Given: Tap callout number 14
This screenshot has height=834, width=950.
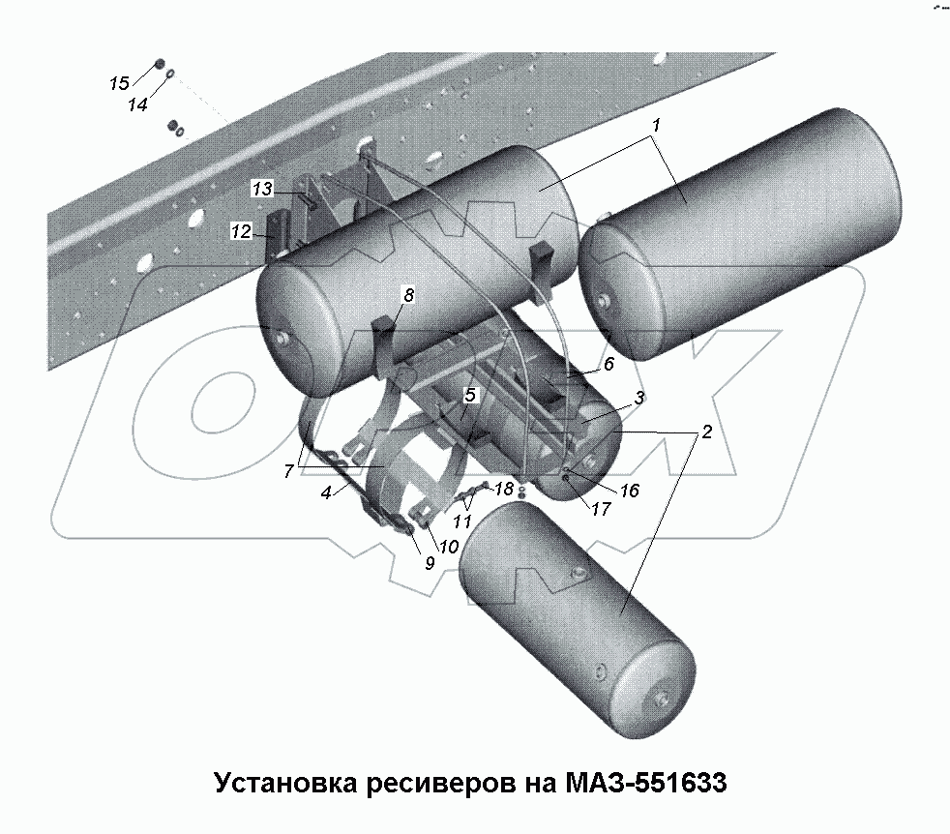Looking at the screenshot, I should [138, 104].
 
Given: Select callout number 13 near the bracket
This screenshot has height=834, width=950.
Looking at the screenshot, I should [263, 190].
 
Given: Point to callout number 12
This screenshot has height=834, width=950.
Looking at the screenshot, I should [240, 230].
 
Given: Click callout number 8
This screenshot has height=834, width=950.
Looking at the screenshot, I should [407, 295].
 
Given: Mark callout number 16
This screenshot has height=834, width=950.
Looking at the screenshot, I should [629, 491].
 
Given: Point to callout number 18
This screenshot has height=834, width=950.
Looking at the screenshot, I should [504, 490].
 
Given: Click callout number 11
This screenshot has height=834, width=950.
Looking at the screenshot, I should [461, 521].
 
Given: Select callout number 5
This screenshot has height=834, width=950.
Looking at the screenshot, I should [470, 395].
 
